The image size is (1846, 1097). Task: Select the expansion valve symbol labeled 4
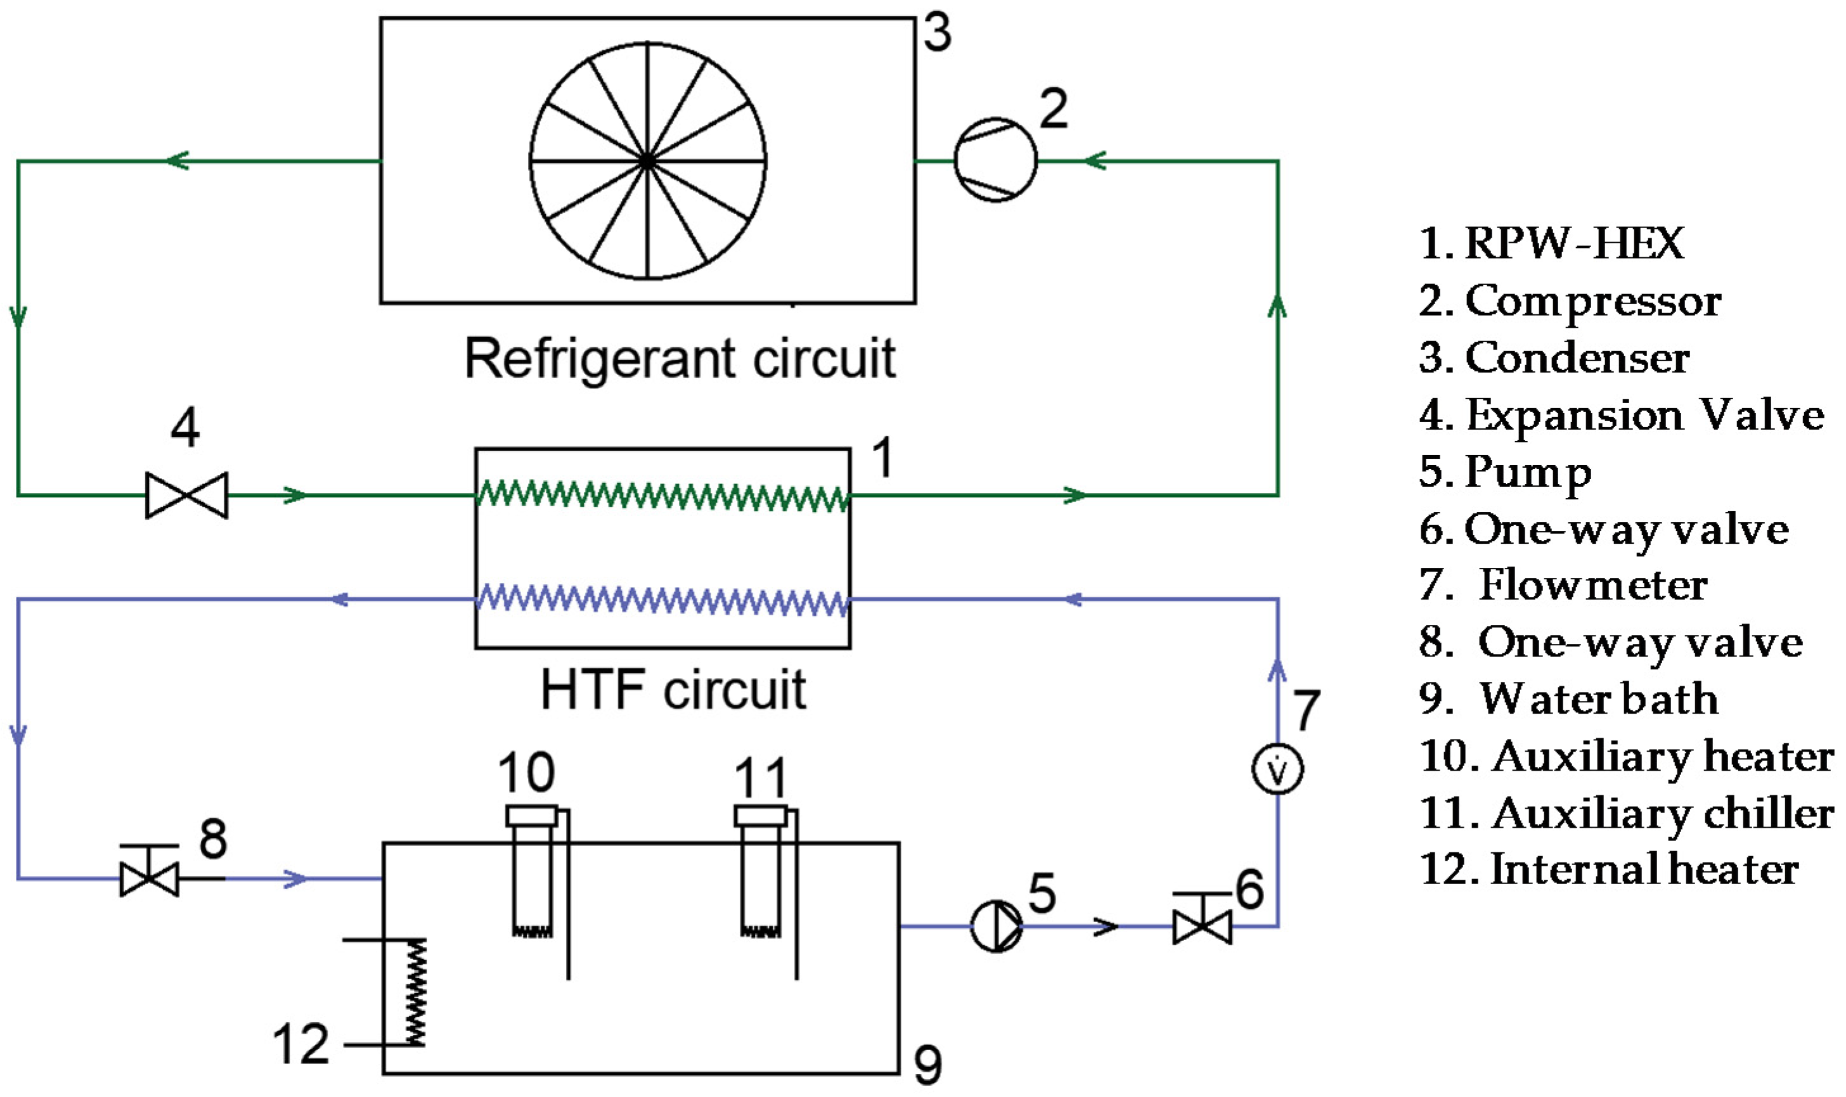(186, 494)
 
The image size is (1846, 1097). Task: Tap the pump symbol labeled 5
(997, 925)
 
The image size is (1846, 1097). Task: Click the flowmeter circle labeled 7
(1277, 769)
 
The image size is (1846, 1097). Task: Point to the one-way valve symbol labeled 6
(1202, 919)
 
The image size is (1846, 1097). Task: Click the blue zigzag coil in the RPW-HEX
(662, 600)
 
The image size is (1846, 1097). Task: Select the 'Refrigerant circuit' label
(680, 359)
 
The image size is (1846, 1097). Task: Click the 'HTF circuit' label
(673, 690)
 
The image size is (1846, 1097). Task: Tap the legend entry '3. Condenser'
(1554, 358)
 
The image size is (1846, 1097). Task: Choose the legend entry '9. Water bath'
(1569, 698)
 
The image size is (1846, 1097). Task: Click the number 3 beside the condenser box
(938, 33)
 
